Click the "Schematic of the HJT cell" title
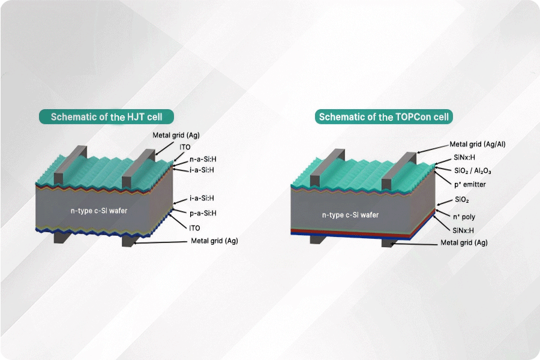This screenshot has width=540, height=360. tap(106, 117)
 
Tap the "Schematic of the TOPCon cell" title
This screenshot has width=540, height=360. tap(383, 117)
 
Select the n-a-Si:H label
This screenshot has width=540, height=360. tap(203, 159)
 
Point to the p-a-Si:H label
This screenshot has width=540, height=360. tap(203, 213)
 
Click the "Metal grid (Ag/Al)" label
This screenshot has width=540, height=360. tap(478, 145)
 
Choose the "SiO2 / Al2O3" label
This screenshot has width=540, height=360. tap(473, 171)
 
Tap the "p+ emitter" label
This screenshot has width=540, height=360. tap(470, 185)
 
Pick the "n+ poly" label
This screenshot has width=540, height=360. tap(464, 217)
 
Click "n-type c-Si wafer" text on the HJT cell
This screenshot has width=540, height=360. tap(99, 211)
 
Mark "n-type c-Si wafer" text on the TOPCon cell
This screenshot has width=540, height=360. tap(350, 215)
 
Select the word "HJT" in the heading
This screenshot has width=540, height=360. tap(136, 117)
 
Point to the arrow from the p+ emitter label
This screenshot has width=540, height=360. tap(443, 178)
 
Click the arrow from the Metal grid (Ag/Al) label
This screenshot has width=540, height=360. tap(433, 148)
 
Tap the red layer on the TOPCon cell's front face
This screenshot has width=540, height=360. tap(350, 232)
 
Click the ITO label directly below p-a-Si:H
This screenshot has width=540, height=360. tap(194, 228)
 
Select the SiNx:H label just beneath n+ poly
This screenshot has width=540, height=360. tap(463, 230)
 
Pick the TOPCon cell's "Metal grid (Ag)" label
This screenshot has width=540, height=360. tap(464, 242)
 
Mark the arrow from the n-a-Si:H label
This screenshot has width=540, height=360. tap(180, 164)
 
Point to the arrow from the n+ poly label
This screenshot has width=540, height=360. tap(443, 213)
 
